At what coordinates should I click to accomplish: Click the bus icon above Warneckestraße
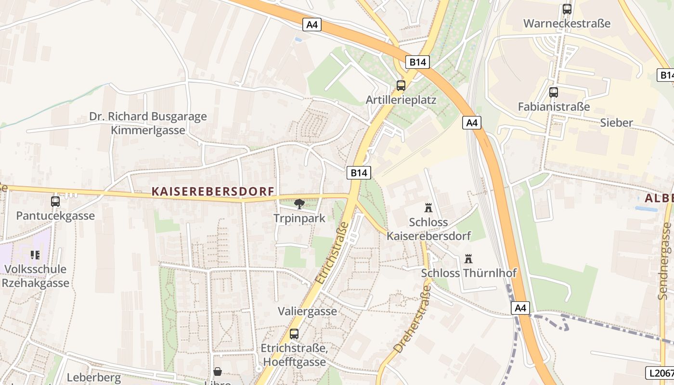tap(567, 9)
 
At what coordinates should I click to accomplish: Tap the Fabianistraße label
tap(554, 106)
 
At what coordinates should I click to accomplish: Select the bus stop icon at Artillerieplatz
tap(401, 86)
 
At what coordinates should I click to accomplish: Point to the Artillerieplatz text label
tap(401, 100)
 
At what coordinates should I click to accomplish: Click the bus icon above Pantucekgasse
tap(55, 201)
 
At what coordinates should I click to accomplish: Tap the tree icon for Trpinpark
tap(299, 204)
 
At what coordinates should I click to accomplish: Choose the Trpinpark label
tap(299, 218)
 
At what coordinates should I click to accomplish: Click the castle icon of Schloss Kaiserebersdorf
tap(428, 208)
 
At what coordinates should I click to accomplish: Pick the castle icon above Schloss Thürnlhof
tap(468, 259)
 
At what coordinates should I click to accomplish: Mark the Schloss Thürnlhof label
tap(468, 273)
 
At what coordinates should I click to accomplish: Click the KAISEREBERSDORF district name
tap(213, 192)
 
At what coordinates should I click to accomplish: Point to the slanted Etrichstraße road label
tap(332, 253)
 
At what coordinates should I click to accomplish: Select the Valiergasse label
tap(307, 311)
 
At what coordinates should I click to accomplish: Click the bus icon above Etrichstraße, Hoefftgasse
tap(294, 334)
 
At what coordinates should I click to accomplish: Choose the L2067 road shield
tap(660, 372)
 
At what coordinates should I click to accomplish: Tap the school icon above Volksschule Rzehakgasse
tap(35, 255)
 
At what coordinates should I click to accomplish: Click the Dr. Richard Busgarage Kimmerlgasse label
tap(148, 123)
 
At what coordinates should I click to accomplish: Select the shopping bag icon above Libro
tap(218, 372)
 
